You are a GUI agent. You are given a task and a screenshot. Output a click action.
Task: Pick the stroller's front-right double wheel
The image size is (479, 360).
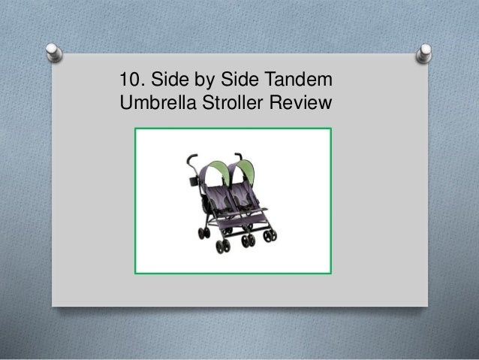coord(270,235)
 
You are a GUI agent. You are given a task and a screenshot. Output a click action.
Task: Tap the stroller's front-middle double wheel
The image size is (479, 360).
coord(246,241)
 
